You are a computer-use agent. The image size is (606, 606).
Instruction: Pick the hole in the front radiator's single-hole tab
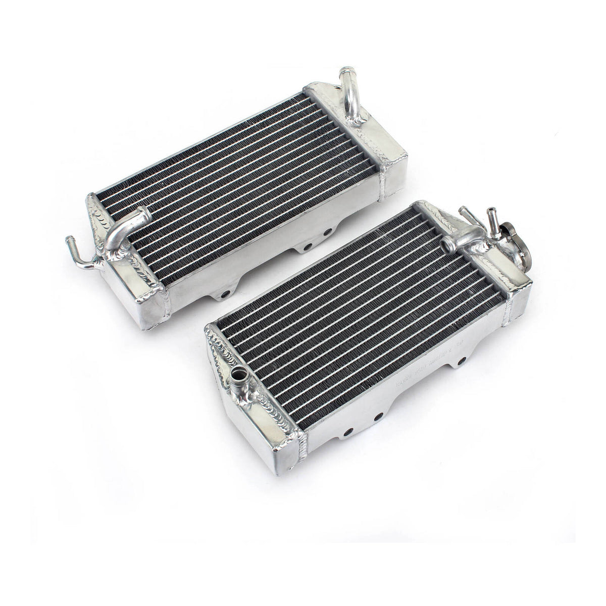click(x=461, y=360)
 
